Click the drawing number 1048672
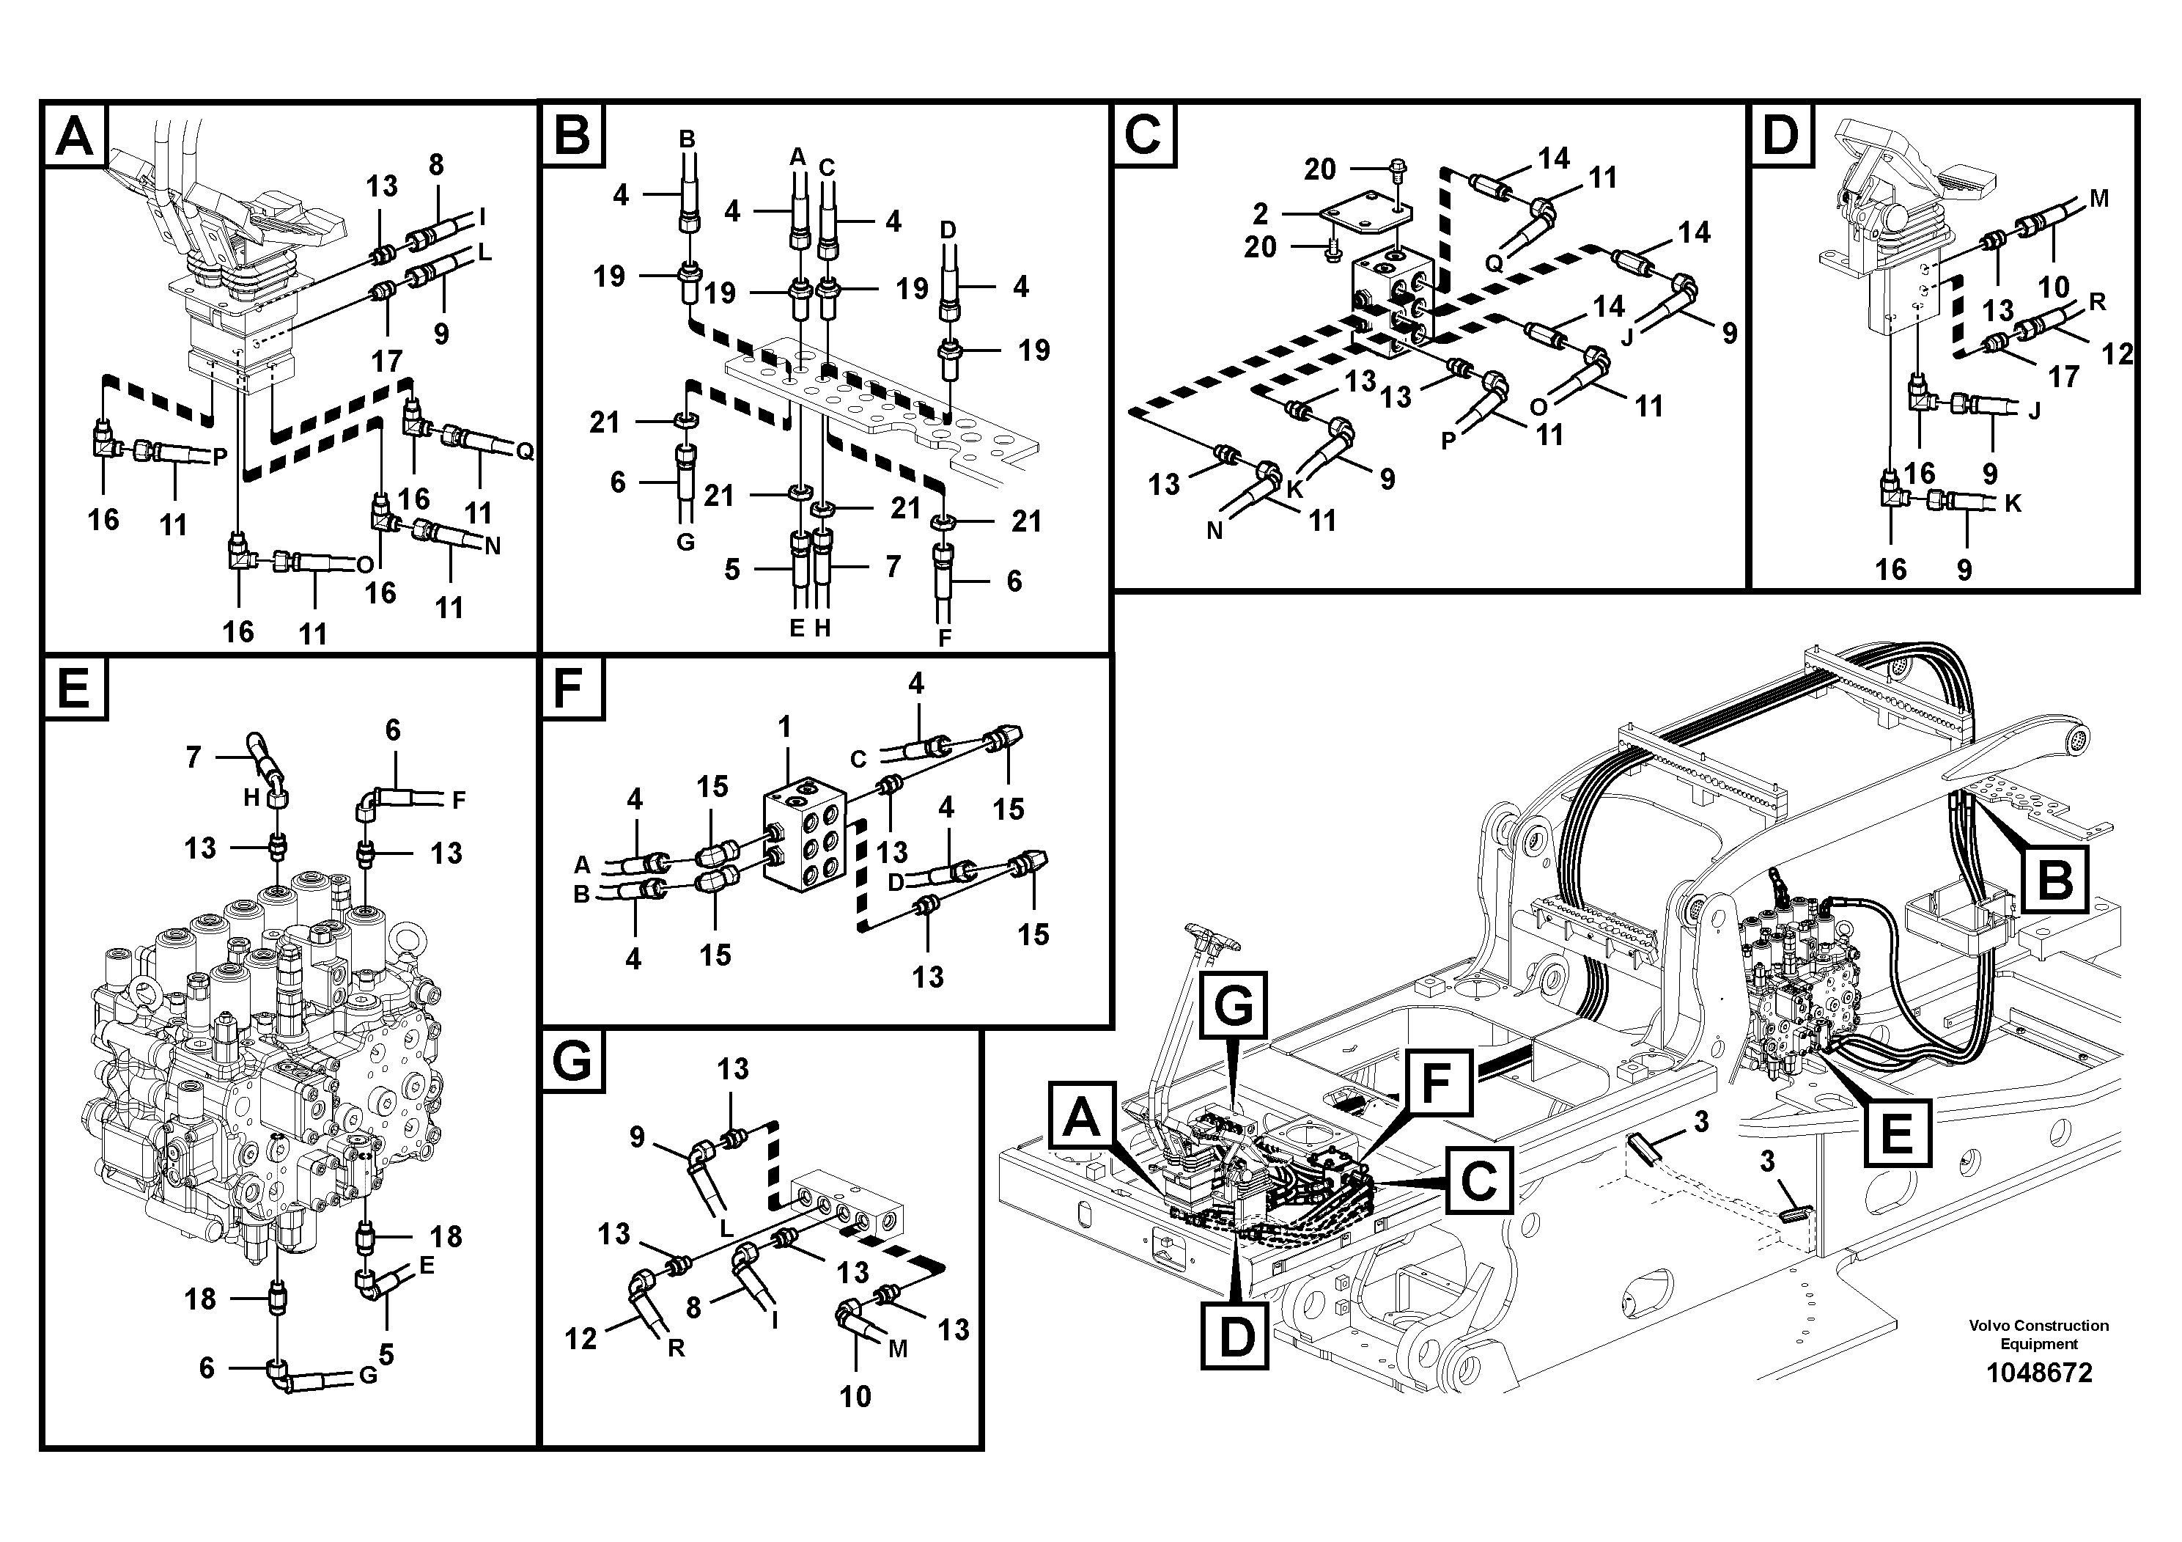click(x=2038, y=1373)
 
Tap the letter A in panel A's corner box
click(x=74, y=136)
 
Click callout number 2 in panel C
click(x=1260, y=212)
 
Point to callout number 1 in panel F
click(x=784, y=727)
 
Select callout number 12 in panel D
click(x=2118, y=353)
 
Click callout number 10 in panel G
click(x=855, y=1395)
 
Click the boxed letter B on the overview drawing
click(x=2054, y=878)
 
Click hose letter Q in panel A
click(x=523, y=451)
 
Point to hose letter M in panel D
click(x=2099, y=198)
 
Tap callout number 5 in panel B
click(x=731, y=570)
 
